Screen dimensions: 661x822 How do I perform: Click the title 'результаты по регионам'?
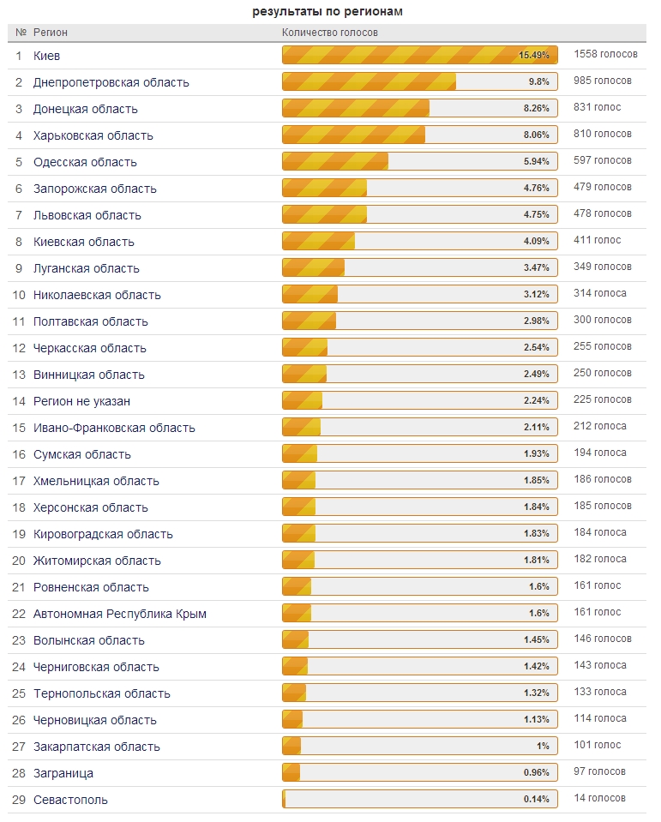point(327,11)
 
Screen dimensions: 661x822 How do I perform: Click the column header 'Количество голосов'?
point(330,33)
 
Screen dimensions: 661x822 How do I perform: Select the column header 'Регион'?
point(51,33)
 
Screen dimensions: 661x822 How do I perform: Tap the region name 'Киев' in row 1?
point(46,56)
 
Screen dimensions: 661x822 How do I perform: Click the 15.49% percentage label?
point(534,55)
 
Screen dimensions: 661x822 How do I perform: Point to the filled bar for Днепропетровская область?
point(369,81)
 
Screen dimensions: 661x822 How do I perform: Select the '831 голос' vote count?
point(597,107)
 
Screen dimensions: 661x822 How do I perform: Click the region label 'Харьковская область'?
point(93,135)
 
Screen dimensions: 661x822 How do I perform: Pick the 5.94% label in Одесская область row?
point(536,161)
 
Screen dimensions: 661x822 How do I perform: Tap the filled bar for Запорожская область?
point(324,188)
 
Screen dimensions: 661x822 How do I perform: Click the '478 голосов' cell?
point(603,214)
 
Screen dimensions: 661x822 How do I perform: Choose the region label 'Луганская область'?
point(87,269)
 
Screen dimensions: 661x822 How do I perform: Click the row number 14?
point(19,401)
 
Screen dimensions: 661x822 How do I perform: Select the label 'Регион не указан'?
point(81,401)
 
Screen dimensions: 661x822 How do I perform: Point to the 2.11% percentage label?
point(536,427)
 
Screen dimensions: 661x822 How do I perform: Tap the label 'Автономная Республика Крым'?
point(120,614)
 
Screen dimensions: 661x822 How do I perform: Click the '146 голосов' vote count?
point(603,639)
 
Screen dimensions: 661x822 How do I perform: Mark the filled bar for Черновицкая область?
point(292,719)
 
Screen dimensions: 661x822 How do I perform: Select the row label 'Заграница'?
point(63,774)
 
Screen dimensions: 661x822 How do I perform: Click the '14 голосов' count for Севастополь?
point(599,798)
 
